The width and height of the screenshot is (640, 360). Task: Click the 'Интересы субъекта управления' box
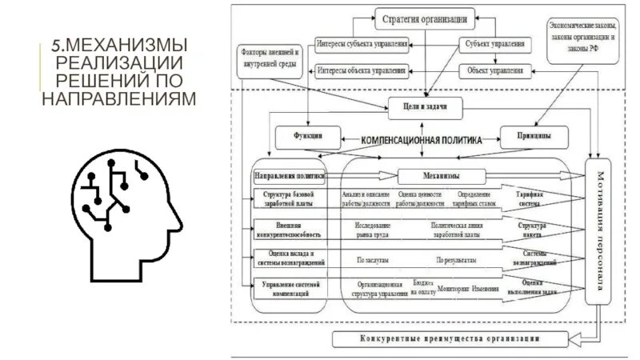point(362,44)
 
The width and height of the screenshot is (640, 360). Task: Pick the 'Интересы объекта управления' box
point(362,70)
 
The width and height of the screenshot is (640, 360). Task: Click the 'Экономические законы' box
point(583,37)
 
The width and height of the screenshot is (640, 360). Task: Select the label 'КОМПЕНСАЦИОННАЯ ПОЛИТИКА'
point(422,139)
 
